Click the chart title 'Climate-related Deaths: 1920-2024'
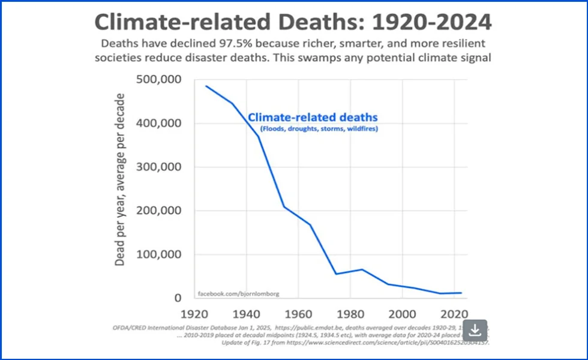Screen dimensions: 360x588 pos(293,22)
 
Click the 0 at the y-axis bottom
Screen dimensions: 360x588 pos(178,298)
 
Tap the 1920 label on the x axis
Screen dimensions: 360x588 pos(194,314)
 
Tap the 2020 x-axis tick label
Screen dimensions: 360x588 pos(453,314)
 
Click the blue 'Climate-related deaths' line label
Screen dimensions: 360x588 pos(313,118)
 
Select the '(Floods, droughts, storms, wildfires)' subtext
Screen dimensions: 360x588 pos(319,129)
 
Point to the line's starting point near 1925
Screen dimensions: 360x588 pos(206,86)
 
